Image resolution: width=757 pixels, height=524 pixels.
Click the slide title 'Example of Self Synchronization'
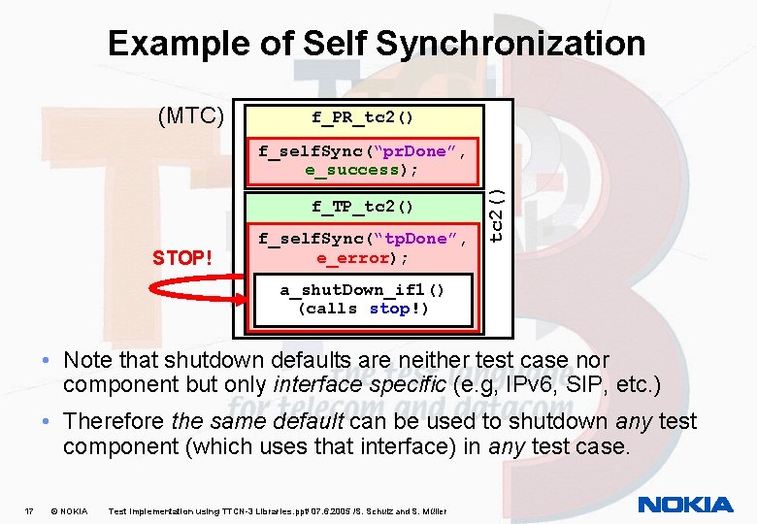377,44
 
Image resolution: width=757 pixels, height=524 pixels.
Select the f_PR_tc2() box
363,118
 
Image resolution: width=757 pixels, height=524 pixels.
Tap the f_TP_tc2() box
363,207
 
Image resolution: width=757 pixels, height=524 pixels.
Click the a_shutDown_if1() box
363,299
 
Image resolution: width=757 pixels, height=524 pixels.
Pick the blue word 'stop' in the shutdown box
390,309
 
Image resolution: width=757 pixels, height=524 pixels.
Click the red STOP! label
181,258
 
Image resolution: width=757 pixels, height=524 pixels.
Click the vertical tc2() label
496,213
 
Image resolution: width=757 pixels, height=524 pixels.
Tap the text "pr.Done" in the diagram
421,151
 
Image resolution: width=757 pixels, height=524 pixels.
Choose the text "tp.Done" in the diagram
421,239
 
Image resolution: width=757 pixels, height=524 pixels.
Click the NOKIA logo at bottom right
686,505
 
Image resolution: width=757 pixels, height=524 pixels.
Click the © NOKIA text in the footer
68,510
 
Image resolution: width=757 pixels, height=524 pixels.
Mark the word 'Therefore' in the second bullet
113,422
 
